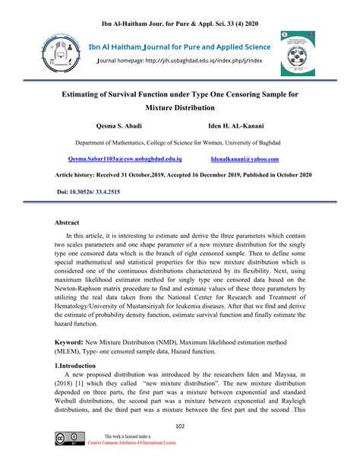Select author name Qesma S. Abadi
tap(118, 125)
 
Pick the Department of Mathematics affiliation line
tap(180, 142)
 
